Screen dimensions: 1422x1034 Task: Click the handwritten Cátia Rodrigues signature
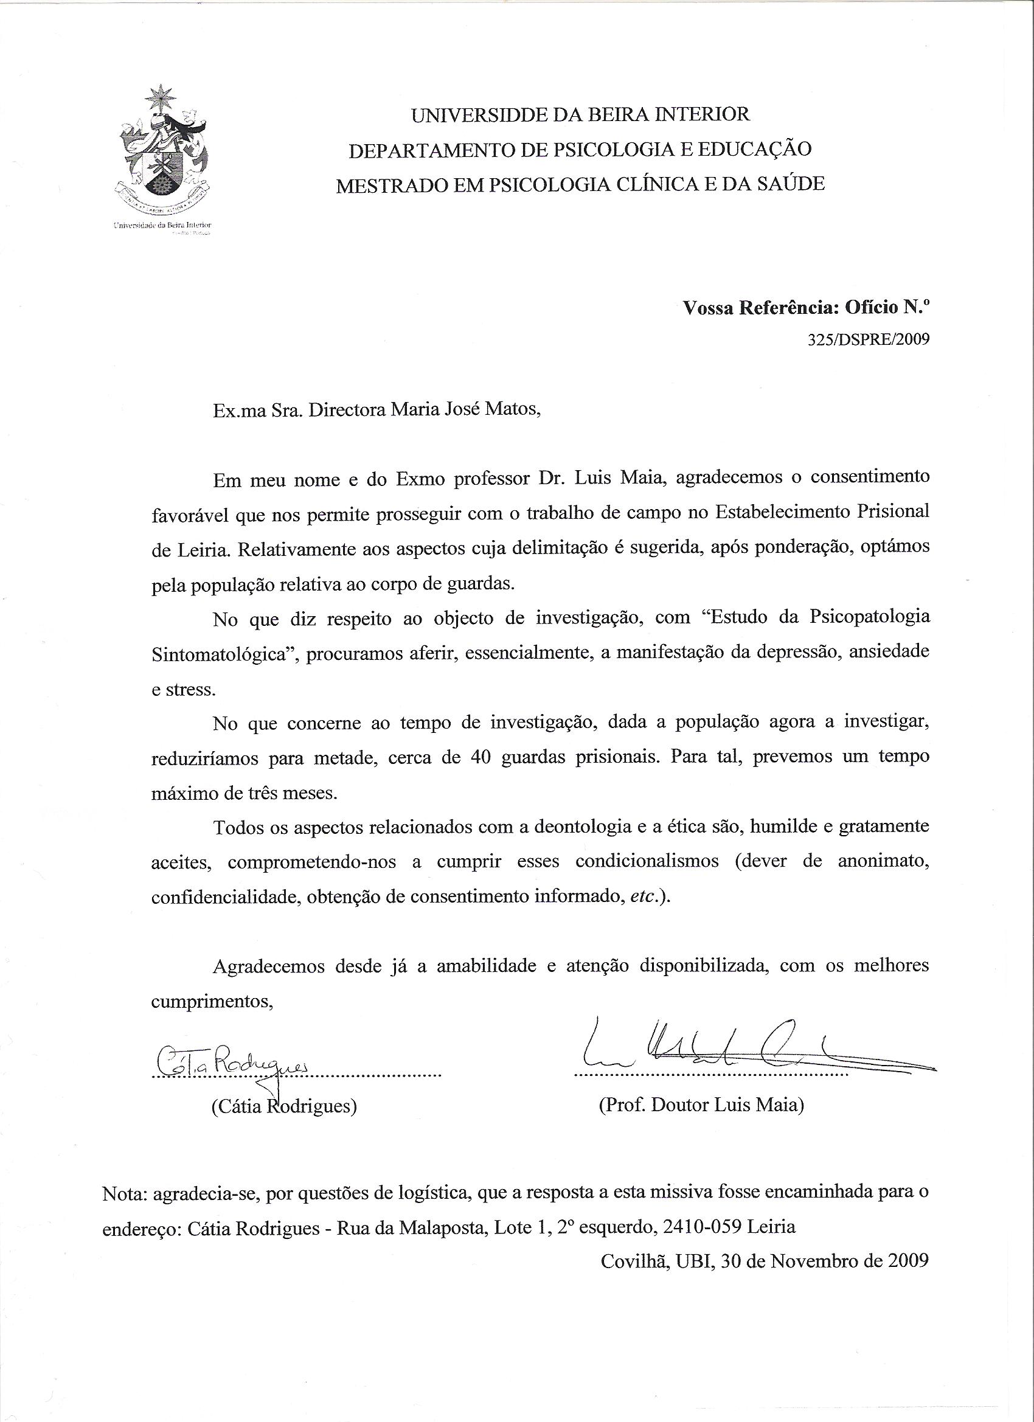[231, 1058]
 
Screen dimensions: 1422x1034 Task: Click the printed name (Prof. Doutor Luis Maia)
[701, 1105]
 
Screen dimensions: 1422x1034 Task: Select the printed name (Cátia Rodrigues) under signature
[285, 1106]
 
